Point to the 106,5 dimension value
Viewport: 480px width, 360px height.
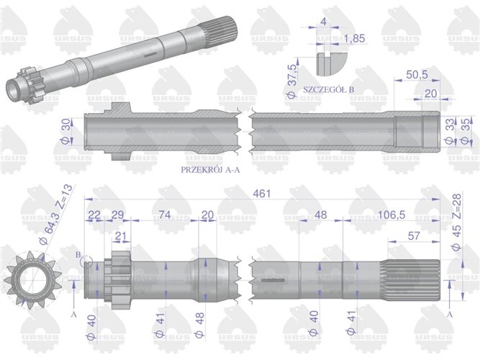pos(388,214)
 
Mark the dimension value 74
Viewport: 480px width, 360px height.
pos(164,214)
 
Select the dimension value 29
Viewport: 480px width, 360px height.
pos(119,214)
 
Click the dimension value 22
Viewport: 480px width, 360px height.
pos(94,214)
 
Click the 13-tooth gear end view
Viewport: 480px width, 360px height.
pos(29,276)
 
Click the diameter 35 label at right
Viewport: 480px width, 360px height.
pos(464,132)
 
